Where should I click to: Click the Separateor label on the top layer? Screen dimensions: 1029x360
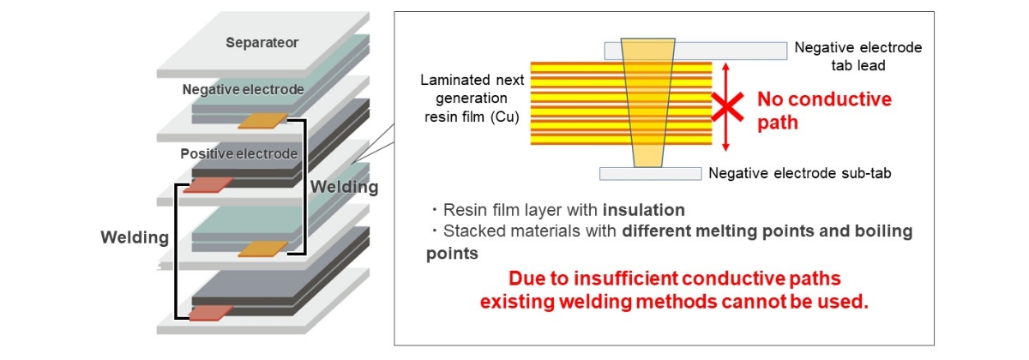[262, 43]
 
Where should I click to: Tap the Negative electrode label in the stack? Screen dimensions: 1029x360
[243, 89]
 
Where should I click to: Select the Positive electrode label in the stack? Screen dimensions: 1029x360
[239, 153]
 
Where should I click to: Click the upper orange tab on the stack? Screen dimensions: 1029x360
[263, 121]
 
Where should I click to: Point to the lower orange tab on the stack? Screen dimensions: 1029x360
[263, 249]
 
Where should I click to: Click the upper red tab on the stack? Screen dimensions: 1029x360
[208, 185]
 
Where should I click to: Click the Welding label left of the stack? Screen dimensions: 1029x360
[135, 237]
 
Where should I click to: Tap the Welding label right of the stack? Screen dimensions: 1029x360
[344, 187]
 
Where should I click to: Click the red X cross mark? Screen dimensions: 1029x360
[727, 107]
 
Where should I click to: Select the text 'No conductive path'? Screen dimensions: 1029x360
[824, 111]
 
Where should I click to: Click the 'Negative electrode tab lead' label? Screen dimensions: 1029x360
[858, 56]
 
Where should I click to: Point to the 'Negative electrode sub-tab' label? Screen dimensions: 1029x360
[800, 173]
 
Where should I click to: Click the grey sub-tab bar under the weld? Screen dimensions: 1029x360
[651, 173]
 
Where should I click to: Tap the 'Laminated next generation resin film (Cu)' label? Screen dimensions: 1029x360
[472, 99]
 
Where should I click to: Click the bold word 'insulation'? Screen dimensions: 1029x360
[644, 210]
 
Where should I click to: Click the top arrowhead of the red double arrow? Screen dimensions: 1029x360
[725, 67]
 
